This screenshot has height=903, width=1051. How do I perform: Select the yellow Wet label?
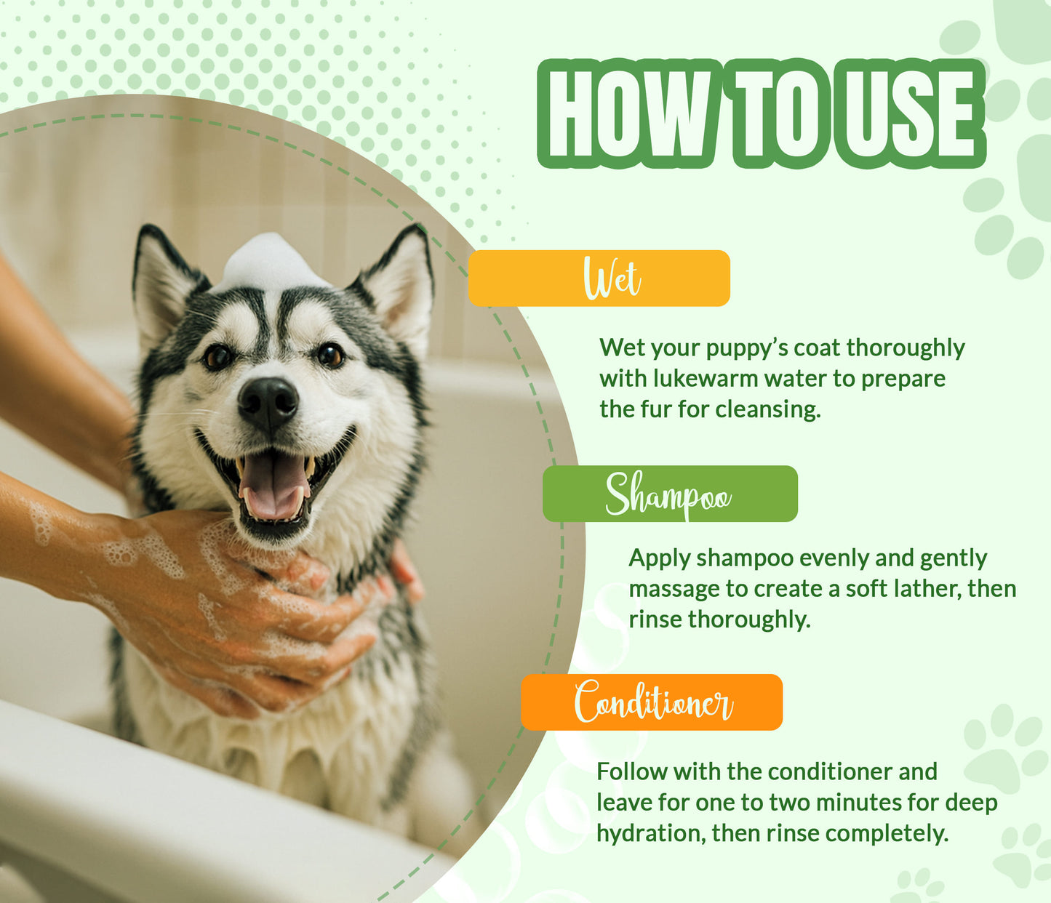click(599, 278)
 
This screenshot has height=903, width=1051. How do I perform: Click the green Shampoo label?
click(670, 494)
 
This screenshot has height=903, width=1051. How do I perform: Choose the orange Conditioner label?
click(652, 702)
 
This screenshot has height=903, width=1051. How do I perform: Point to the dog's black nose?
click(268, 402)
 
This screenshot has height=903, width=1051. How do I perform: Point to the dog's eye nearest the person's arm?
click(217, 356)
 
